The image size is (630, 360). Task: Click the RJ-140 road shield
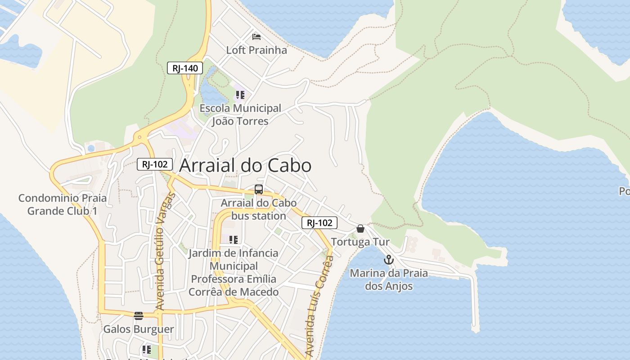tap(185, 68)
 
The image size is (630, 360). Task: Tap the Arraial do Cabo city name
tap(245, 166)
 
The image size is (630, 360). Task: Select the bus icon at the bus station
tap(258, 189)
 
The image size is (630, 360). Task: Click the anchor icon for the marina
tap(388, 260)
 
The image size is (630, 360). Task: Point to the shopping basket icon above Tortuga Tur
tap(360, 229)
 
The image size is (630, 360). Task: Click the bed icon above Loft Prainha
tap(256, 36)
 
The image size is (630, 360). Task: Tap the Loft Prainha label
tap(256, 50)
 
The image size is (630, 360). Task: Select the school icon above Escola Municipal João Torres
tap(240, 95)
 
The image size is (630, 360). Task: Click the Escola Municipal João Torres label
tap(240, 115)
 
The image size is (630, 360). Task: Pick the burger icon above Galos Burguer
tap(139, 315)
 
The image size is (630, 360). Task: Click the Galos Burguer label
tap(139, 329)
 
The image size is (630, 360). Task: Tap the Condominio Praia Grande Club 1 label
tap(63, 204)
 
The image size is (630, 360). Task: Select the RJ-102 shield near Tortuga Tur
tap(319, 222)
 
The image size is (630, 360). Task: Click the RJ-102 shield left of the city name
tap(154, 164)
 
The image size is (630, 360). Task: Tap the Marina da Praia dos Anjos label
tap(389, 279)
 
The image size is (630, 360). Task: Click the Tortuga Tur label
tap(360, 242)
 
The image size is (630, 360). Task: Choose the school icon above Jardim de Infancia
tap(233, 239)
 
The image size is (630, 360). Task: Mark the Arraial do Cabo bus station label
tap(258, 209)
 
